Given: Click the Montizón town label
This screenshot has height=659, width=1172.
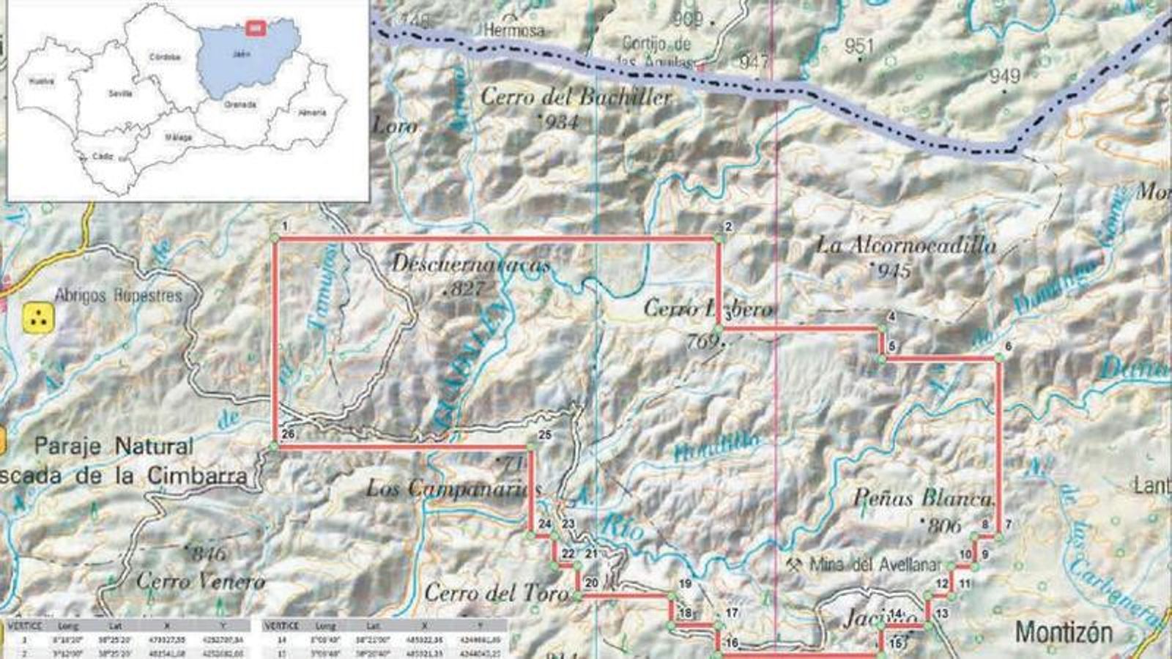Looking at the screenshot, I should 1064,632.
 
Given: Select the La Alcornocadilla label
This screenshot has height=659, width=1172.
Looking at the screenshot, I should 906,244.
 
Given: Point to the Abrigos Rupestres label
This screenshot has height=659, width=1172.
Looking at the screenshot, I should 118,295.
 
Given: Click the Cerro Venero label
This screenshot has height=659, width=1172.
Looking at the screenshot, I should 201,581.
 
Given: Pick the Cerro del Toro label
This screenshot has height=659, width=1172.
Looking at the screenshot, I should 496,592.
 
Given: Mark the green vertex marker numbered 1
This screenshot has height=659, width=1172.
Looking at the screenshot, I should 275,237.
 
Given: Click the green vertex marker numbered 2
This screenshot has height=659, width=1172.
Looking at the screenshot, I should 719,238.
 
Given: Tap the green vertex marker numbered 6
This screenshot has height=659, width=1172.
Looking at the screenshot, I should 998,358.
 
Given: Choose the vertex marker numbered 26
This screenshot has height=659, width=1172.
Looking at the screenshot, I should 275,445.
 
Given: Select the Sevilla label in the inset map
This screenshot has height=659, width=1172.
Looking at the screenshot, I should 119,94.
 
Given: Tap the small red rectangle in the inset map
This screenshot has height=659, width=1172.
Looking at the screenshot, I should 255,28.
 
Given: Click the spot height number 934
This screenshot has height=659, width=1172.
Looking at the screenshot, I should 562,122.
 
